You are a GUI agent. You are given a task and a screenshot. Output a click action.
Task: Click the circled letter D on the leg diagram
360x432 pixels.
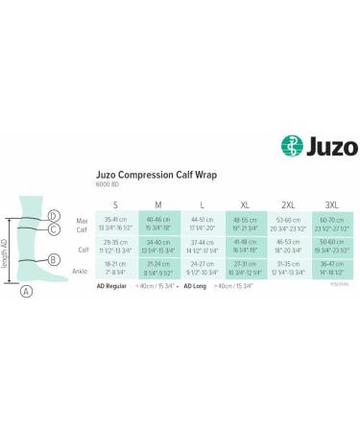(53, 216)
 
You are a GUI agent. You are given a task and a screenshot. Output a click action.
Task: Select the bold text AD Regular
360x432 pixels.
(114, 286)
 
